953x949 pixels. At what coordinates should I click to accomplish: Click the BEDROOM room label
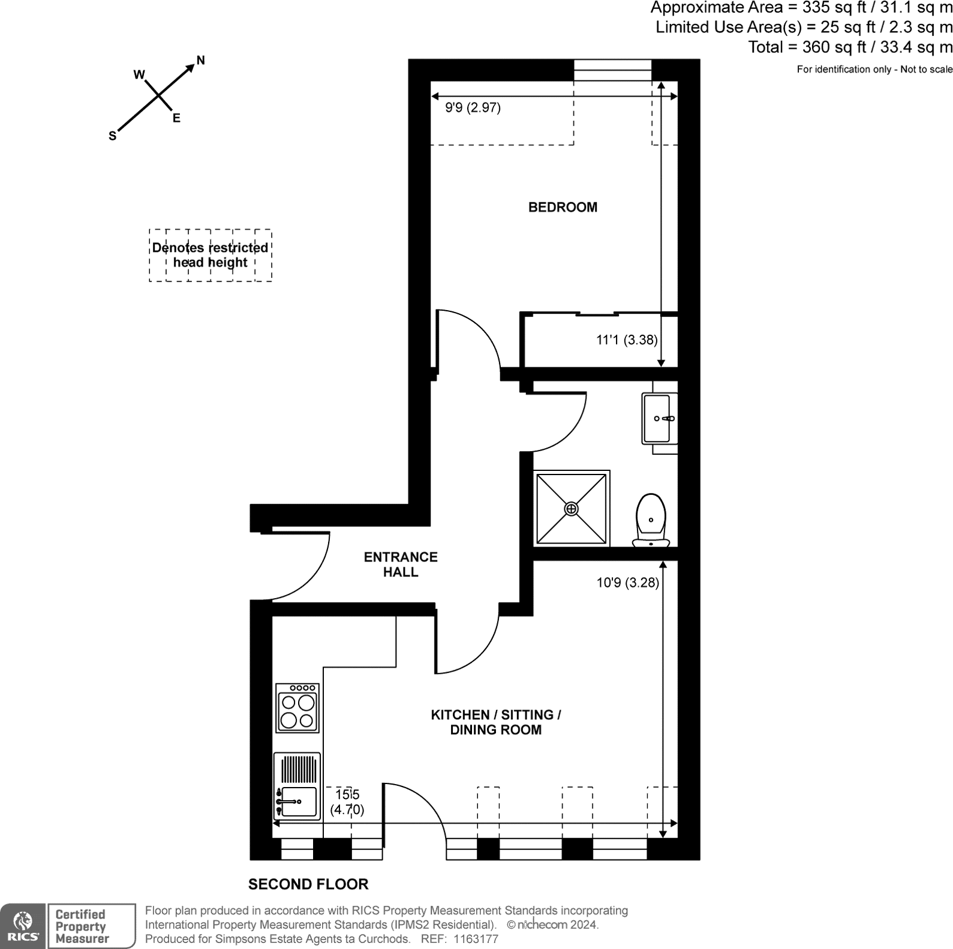[x=563, y=208]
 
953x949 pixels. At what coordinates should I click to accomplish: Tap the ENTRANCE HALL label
[x=401, y=564]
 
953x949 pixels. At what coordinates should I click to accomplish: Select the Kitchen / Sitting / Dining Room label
[x=496, y=722]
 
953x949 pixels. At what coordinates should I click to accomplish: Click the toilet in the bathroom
[x=651, y=520]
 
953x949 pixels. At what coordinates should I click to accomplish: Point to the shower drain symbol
[x=572, y=509]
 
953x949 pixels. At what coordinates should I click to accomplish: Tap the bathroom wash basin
[x=660, y=419]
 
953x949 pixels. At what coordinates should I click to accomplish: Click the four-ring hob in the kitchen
[x=297, y=708]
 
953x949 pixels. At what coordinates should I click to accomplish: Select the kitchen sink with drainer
[x=297, y=786]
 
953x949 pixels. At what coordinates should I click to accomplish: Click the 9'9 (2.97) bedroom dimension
[x=473, y=108]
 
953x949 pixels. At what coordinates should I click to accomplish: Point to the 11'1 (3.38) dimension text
[x=627, y=340]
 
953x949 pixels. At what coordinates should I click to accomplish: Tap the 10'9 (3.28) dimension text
[x=627, y=582]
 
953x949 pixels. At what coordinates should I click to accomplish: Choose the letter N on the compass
[x=201, y=60]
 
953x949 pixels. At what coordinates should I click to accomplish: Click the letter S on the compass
[x=112, y=136]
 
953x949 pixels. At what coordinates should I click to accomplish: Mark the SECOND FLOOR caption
[x=308, y=884]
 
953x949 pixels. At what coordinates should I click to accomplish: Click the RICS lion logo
[x=23, y=926]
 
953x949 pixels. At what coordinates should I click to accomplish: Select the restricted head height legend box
[x=211, y=256]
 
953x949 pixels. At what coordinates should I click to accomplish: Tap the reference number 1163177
[x=476, y=939]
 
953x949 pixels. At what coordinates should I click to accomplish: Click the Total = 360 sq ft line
[x=850, y=47]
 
